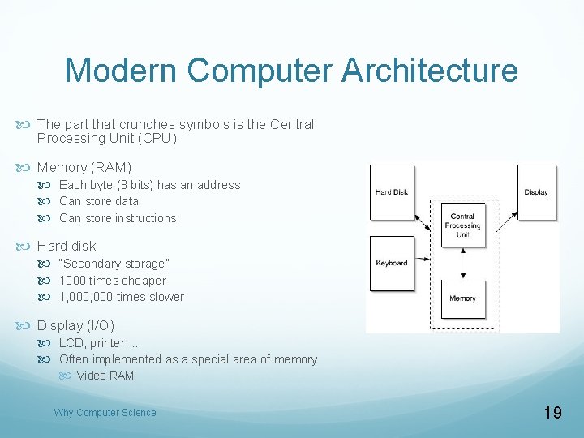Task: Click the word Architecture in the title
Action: point(430,71)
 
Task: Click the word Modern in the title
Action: point(118,71)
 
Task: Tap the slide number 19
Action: point(552,413)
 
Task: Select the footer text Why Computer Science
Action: point(105,413)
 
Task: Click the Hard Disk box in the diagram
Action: point(392,192)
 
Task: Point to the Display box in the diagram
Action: point(536,192)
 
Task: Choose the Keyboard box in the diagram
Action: point(392,263)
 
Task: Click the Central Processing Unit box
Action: point(462,225)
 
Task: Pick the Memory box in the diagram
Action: point(462,298)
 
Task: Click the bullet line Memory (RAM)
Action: point(84,167)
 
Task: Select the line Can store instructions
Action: point(118,218)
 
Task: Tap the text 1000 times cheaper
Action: point(112,281)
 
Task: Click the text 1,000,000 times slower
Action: point(122,297)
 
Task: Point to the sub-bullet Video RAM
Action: point(105,376)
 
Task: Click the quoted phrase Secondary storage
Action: point(114,264)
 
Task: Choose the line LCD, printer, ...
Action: point(100,343)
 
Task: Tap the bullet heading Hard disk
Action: point(67,246)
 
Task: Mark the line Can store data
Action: point(99,201)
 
